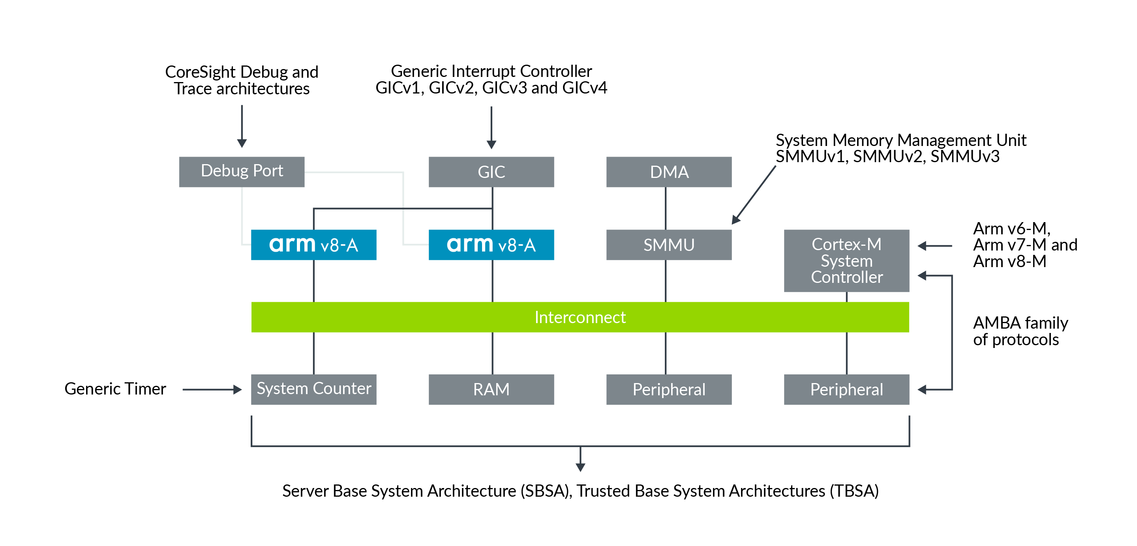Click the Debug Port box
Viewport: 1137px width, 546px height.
click(242, 172)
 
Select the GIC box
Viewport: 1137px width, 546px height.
click(491, 172)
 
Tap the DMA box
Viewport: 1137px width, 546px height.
click(668, 172)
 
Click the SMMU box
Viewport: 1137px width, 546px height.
click(668, 245)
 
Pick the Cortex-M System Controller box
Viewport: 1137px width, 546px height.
click(846, 261)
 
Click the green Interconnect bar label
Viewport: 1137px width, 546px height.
click(580, 317)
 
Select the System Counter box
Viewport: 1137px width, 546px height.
click(313, 389)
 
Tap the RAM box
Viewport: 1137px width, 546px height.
click(491, 389)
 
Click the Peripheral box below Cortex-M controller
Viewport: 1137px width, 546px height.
click(846, 389)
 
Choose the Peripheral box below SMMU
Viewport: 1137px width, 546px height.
click(668, 389)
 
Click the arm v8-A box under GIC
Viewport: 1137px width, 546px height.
click(491, 245)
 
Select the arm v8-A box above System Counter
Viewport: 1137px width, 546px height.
click(313, 245)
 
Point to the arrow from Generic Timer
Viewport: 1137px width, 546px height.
click(212, 389)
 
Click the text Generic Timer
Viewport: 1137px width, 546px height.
click(115, 389)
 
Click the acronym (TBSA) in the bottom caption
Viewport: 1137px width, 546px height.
click(854, 490)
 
